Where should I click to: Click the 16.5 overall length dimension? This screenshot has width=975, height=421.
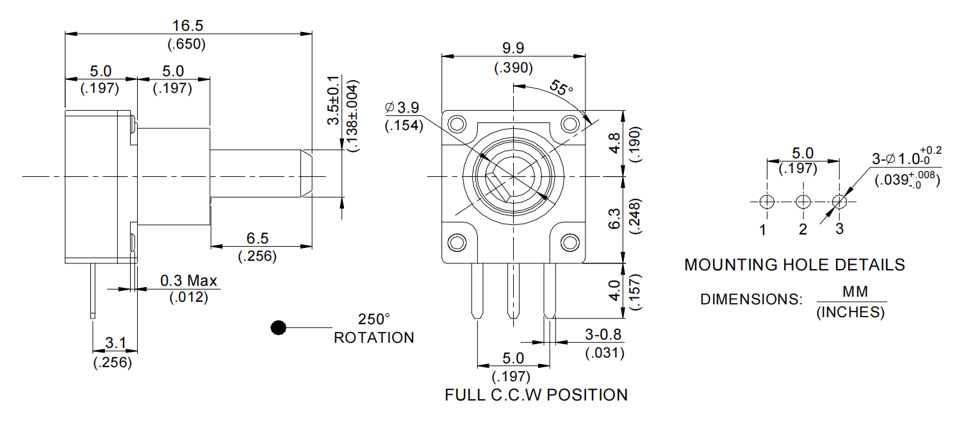point(187,25)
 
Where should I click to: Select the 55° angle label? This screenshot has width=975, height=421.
point(561,88)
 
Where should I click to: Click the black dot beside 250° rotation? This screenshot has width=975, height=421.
point(277,327)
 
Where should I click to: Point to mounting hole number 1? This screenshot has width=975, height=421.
point(767,202)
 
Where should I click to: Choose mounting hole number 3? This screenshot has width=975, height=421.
point(839,202)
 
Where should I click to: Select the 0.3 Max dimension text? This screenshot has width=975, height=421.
point(188,281)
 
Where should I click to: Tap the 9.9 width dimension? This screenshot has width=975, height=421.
point(513,49)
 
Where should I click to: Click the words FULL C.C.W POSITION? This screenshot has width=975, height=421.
point(536,395)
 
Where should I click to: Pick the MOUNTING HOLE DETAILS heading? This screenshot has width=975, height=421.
point(794,265)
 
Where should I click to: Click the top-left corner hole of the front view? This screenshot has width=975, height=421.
point(457,123)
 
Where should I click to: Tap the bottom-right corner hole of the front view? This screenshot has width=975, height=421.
point(569,242)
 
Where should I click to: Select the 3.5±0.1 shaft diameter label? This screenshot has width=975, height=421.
point(333,104)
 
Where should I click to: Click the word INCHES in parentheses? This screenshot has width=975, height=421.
point(851,313)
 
